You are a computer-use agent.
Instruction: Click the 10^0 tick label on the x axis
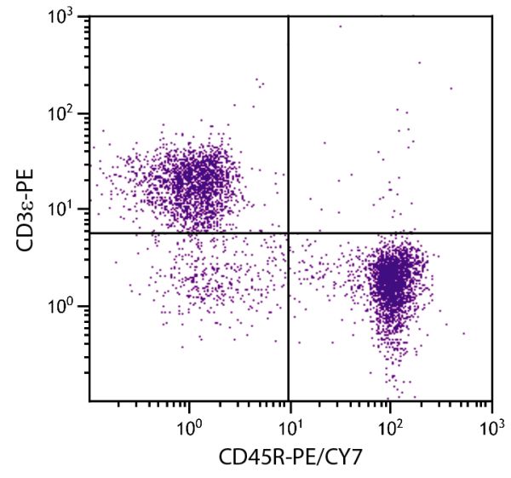pyautogui.click(x=188, y=423)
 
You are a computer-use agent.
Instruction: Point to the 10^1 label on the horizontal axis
pyautogui.click(x=290, y=423)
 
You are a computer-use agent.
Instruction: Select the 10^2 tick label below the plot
pyautogui.click(x=390, y=423)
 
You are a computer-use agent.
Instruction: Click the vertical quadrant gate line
pyautogui.click(x=289, y=128)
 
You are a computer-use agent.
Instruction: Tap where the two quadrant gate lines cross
pyautogui.click(x=289, y=233)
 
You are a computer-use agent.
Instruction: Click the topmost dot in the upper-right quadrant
pyautogui.click(x=340, y=26)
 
